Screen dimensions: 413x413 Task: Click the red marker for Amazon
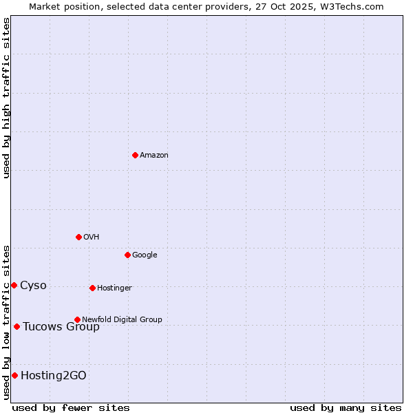(135, 155)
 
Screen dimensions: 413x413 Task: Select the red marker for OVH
(78, 237)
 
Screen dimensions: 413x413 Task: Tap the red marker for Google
(127, 255)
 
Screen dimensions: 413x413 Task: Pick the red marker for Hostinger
(92, 288)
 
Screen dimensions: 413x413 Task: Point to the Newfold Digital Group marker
(77, 319)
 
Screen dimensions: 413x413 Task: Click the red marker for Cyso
(14, 285)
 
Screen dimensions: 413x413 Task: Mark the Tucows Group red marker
(17, 326)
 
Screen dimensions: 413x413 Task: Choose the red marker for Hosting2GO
(14, 375)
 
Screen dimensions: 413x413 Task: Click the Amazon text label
(154, 156)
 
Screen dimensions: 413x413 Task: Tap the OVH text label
(92, 237)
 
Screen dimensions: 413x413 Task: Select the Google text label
(145, 255)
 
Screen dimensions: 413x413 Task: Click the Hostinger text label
(114, 288)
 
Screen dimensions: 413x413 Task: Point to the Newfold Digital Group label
(122, 319)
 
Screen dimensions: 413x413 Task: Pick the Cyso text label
(33, 286)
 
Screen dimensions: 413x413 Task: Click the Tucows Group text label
(61, 327)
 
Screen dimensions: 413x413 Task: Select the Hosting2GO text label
(54, 376)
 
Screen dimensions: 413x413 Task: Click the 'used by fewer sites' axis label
(71, 407)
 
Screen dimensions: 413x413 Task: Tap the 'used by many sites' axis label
(346, 407)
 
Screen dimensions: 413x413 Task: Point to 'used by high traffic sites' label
(6, 98)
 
